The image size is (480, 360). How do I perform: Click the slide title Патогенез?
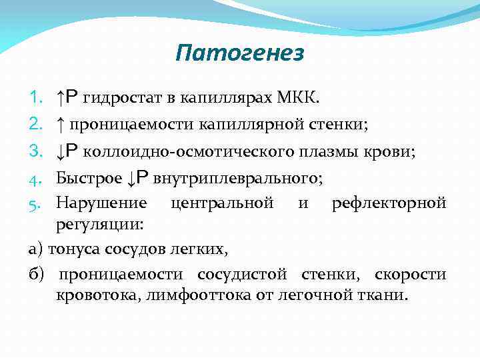point(240,53)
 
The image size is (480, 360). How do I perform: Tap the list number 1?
point(36,99)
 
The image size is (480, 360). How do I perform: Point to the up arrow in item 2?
point(61,125)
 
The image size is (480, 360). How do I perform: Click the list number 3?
point(36,151)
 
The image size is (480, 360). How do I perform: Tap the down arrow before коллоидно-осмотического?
point(61,151)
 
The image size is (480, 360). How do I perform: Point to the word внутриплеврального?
point(237,178)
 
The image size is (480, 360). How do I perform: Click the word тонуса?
point(70,249)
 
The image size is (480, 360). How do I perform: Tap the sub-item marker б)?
point(37,275)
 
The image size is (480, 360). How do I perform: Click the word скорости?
point(411,275)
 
